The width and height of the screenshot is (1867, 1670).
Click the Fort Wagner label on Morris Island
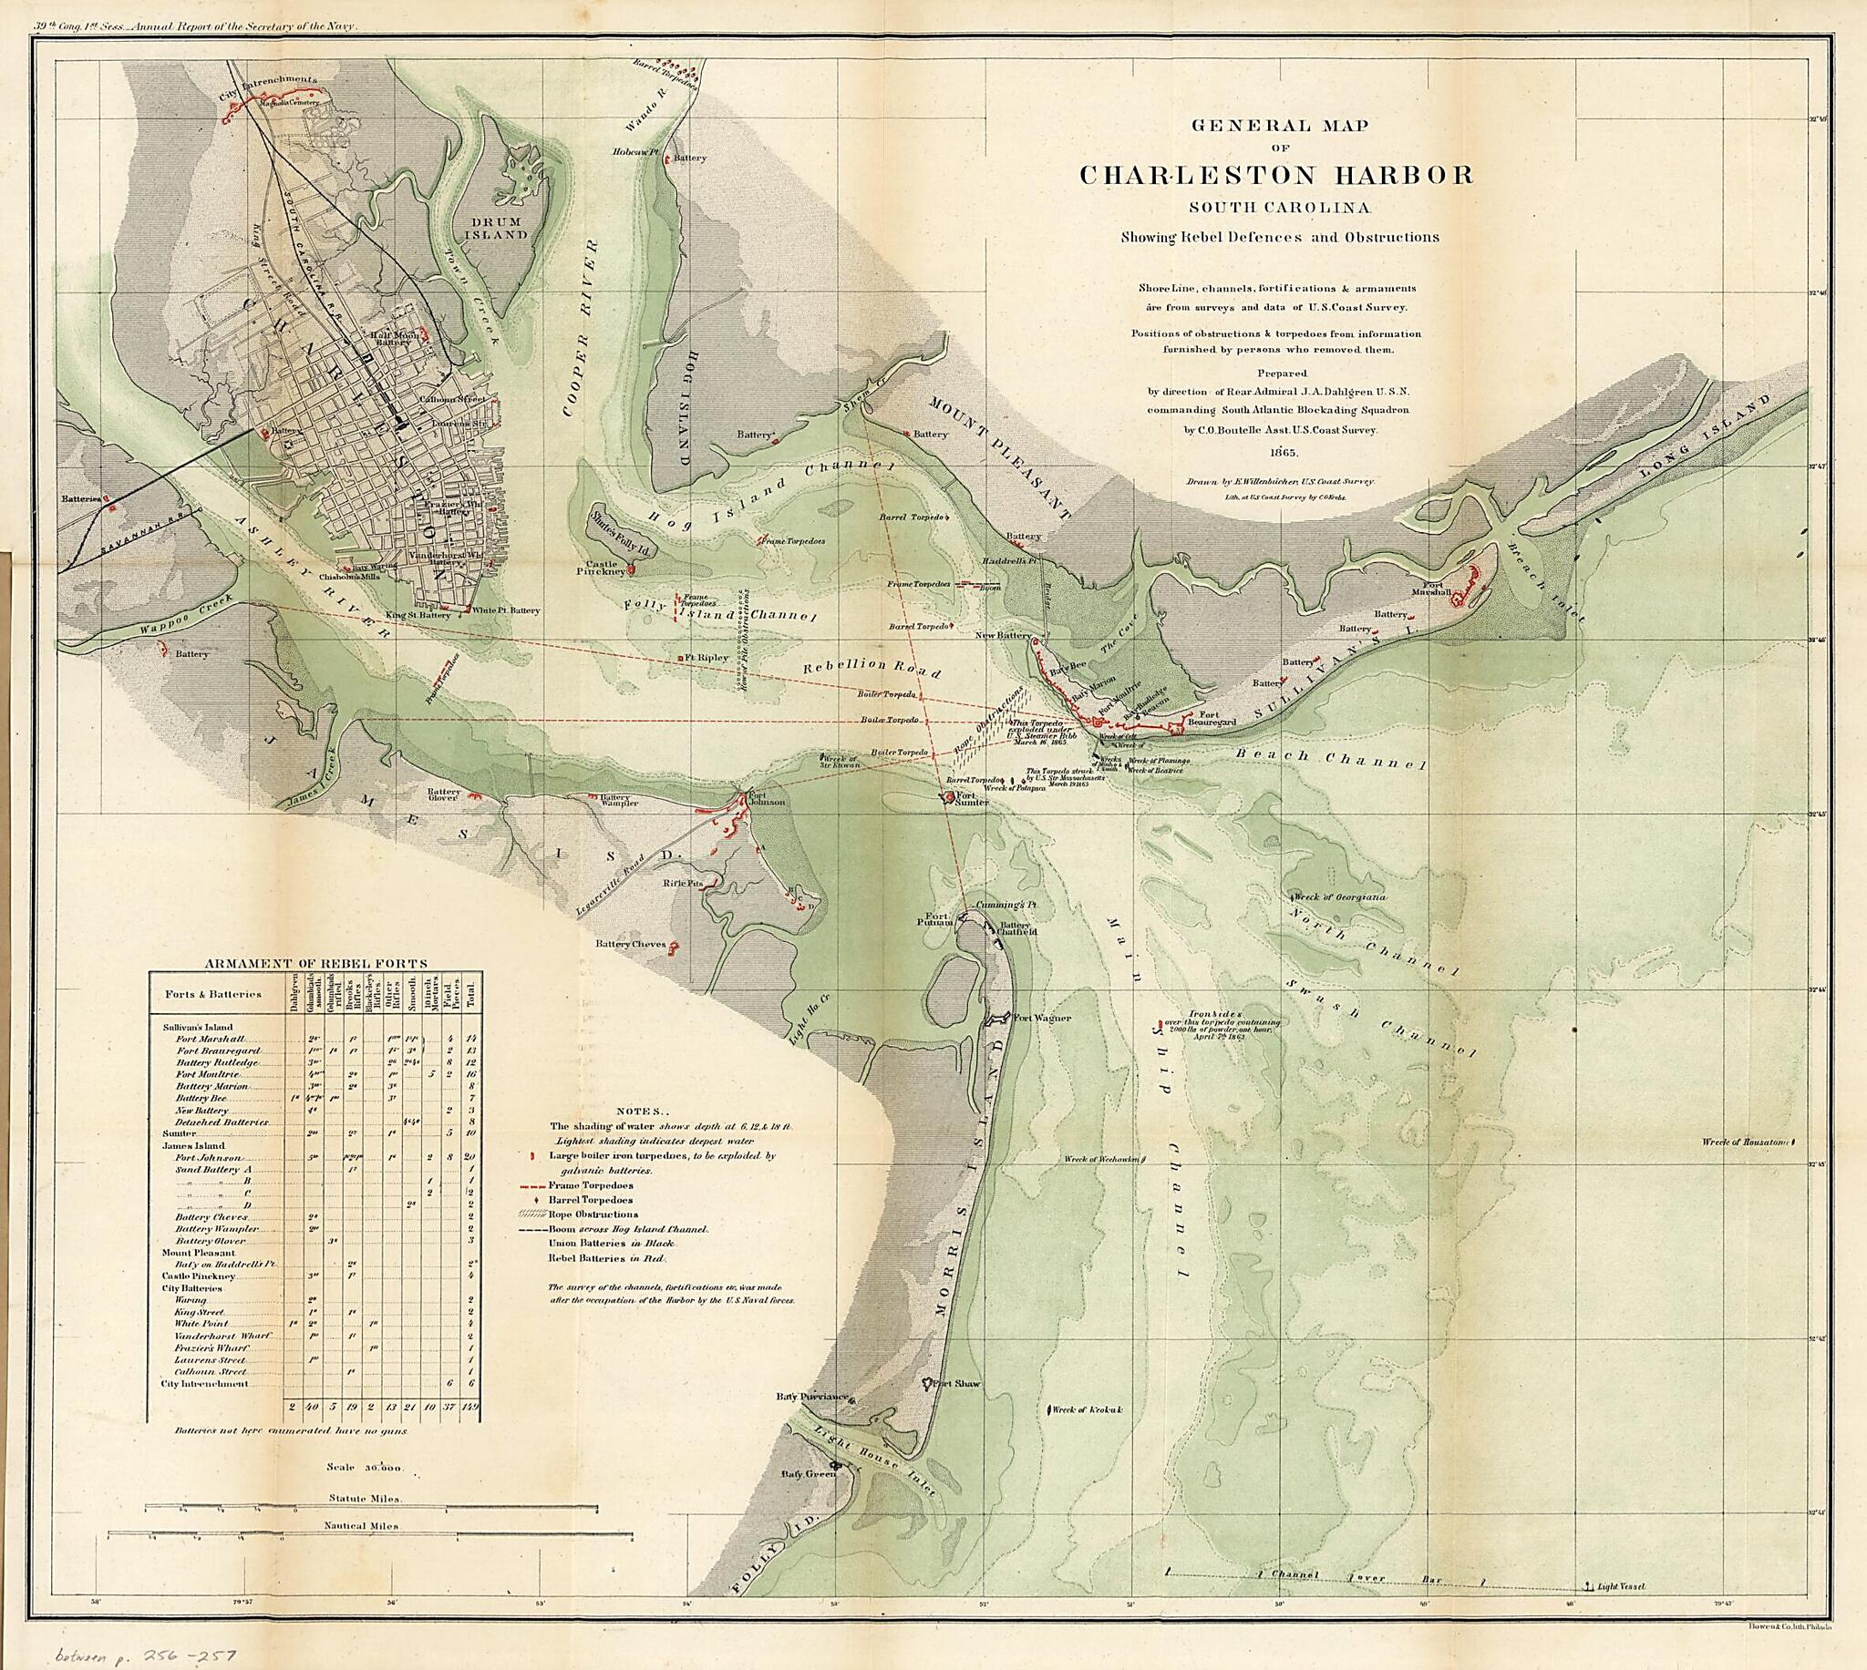[1043, 1018]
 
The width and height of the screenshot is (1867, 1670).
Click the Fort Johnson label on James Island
[768, 798]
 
